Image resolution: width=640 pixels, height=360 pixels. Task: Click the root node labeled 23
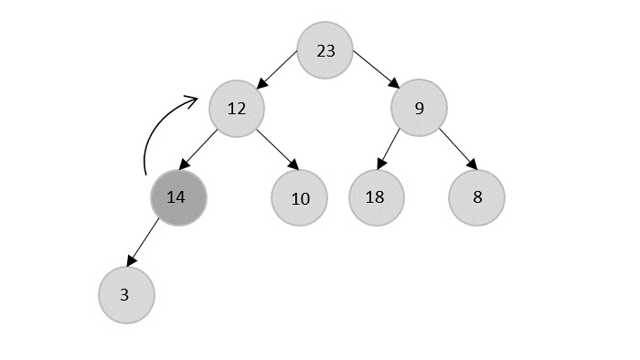point(325,50)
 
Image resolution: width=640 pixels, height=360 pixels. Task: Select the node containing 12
point(237,109)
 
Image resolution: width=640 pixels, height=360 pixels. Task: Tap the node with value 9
point(419,109)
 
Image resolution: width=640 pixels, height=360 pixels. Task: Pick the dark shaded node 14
point(178,197)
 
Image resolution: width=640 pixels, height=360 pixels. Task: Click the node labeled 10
point(300,197)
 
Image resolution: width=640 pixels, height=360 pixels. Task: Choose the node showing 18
point(377,197)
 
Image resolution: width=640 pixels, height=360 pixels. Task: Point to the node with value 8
point(476,197)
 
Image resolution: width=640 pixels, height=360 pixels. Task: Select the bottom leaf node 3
point(126,295)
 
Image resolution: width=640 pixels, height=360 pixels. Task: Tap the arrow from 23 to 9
point(375,70)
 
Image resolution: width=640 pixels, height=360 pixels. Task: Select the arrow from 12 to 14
point(199,149)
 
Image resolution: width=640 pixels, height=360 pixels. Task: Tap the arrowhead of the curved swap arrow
point(192,98)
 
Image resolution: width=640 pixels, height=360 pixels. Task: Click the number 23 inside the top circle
point(325,51)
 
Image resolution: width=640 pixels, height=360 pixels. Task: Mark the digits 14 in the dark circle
point(176,197)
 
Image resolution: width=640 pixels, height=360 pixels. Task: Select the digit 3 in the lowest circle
point(124,295)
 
